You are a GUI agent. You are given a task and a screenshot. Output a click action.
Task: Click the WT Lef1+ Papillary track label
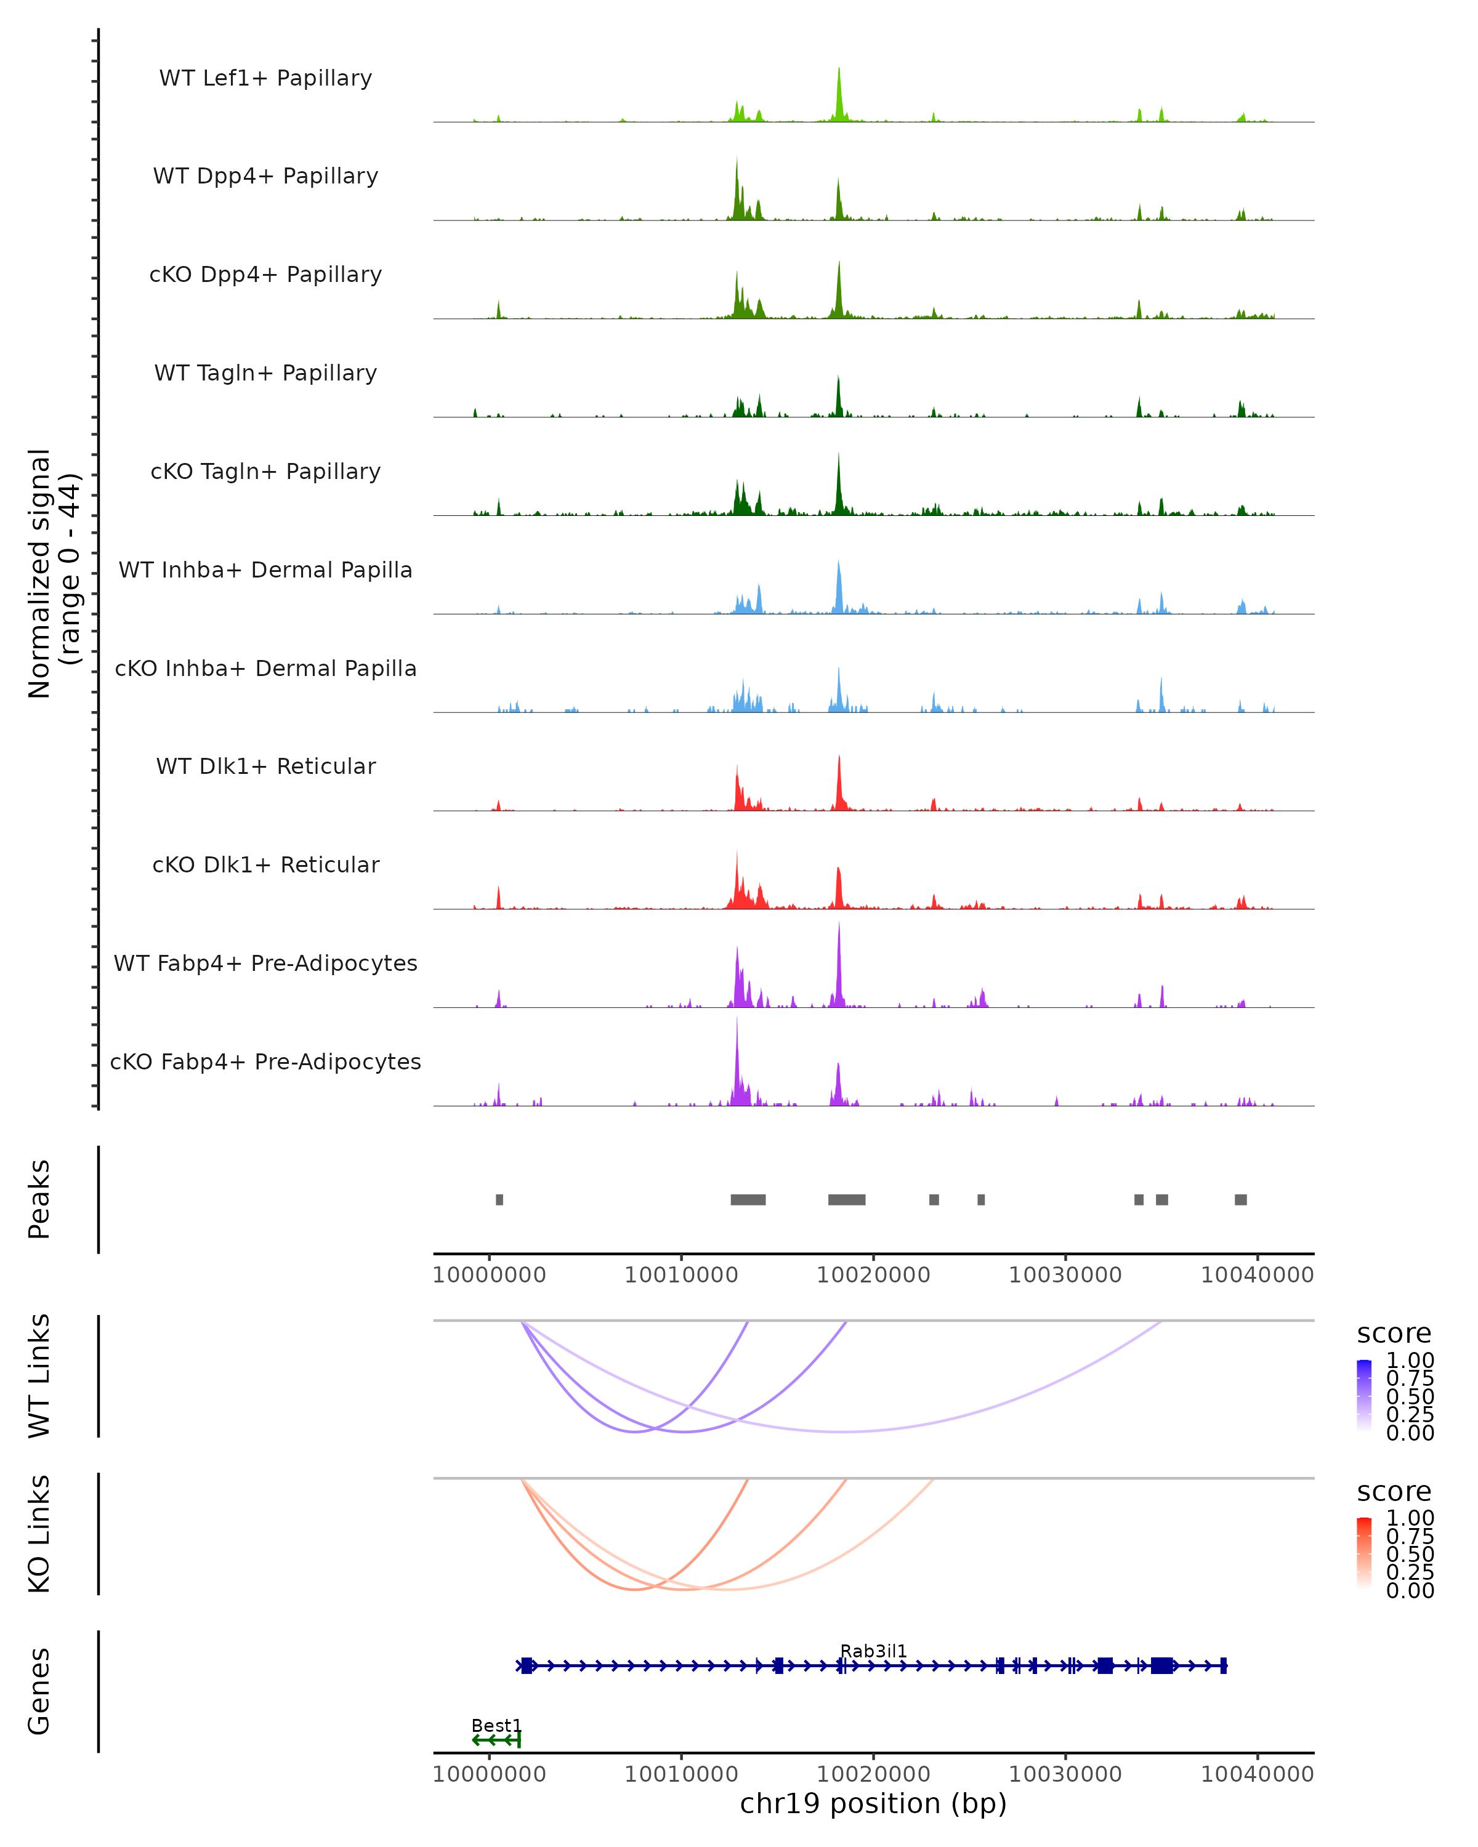tap(265, 78)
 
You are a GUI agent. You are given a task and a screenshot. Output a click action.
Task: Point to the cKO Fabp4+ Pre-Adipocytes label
tap(265, 1061)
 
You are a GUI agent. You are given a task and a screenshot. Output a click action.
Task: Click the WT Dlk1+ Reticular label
tap(265, 767)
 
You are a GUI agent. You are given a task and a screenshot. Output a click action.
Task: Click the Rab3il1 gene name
tap(873, 1651)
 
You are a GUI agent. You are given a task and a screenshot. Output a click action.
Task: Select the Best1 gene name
tap(496, 1725)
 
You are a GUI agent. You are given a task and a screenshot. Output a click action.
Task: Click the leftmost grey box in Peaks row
tap(499, 1199)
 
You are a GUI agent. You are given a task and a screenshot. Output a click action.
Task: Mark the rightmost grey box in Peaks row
tap(1241, 1199)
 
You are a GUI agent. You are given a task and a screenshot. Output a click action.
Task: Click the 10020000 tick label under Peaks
tap(873, 1275)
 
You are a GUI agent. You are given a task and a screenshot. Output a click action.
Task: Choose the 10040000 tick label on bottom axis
tap(1257, 1774)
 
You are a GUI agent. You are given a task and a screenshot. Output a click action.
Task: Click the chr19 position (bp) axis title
tap(873, 1803)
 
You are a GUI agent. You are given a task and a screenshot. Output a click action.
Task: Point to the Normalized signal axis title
tap(53, 573)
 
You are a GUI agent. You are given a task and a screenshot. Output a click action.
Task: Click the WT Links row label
tap(39, 1376)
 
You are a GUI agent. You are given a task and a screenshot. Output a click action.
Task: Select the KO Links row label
tap(39, 1534)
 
